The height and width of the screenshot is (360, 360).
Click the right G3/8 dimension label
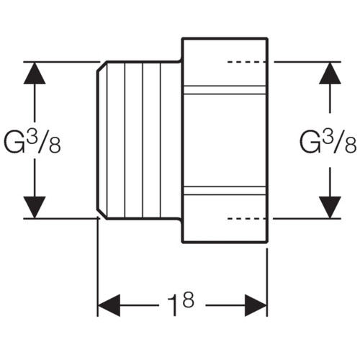(x=328, y=141)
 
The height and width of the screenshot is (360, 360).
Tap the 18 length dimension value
(x=181, y=303)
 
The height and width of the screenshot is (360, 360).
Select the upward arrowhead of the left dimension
(x=35, y=73)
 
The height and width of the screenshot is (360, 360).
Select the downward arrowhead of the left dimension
(x=35, y=207)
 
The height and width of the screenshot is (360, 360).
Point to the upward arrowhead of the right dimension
(x=330, y=73)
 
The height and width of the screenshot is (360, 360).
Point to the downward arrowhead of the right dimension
(x=330, y=207)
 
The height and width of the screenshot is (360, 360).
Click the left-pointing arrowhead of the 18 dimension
(x=109, y=305)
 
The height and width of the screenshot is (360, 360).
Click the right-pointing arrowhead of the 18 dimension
(x=256, y=305)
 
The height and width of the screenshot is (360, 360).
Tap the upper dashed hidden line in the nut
(x=246, y=62)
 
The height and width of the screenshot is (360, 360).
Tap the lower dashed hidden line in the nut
(x=246, y=219)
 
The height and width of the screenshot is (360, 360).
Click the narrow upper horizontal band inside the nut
(x=225, y=90)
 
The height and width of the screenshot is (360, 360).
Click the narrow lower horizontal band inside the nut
(x=225, y=190)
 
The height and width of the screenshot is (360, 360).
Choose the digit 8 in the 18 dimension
(x=188, y=300)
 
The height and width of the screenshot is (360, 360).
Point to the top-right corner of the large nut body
(x=267, y=38)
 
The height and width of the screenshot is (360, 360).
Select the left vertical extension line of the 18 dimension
(x=97, y=266)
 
